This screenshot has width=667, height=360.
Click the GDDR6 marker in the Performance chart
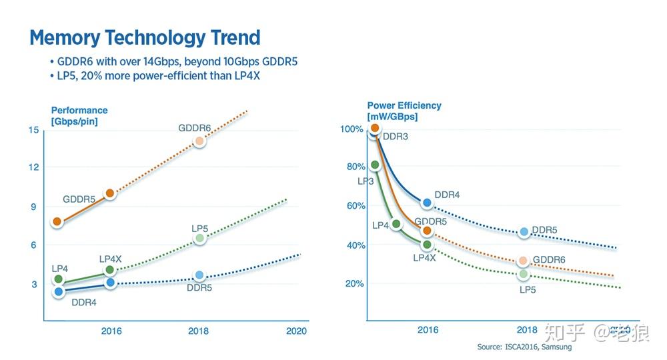199,141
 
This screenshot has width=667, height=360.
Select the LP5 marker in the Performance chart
199,238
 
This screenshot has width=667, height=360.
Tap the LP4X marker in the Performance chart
110,270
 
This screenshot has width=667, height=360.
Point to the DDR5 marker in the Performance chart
199,275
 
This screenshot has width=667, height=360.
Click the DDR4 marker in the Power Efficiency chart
427,203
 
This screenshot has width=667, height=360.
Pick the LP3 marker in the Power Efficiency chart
375,165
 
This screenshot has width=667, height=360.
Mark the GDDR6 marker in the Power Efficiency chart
523,261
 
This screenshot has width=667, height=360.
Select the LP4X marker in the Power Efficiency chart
427,245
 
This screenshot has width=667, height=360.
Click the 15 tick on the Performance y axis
33,129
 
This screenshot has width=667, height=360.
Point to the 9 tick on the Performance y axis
33,207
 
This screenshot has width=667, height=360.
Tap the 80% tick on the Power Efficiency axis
355,167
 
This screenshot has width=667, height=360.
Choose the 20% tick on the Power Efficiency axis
355,284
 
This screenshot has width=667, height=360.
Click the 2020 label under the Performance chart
295,331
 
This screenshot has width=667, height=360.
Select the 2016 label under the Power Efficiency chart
428,330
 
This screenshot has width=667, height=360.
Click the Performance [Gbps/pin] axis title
79,115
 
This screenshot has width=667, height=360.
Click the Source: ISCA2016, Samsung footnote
524,347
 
